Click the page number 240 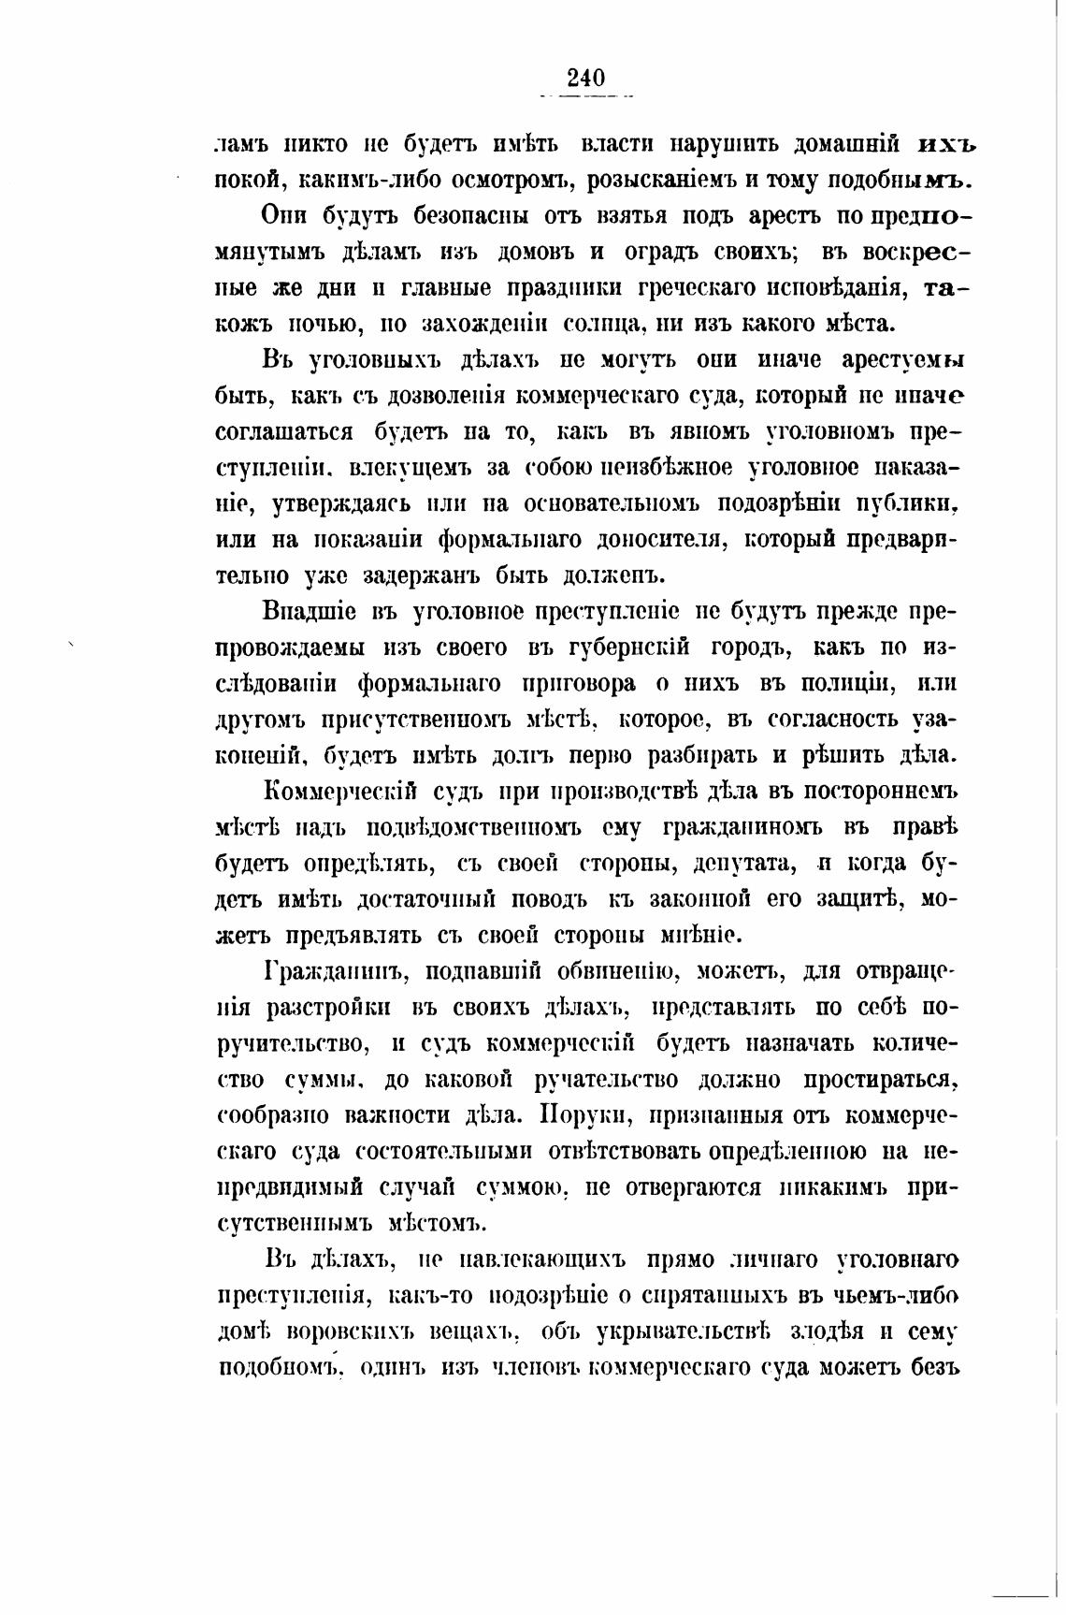586,78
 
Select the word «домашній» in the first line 846,144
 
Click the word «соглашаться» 285,432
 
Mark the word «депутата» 739,862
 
